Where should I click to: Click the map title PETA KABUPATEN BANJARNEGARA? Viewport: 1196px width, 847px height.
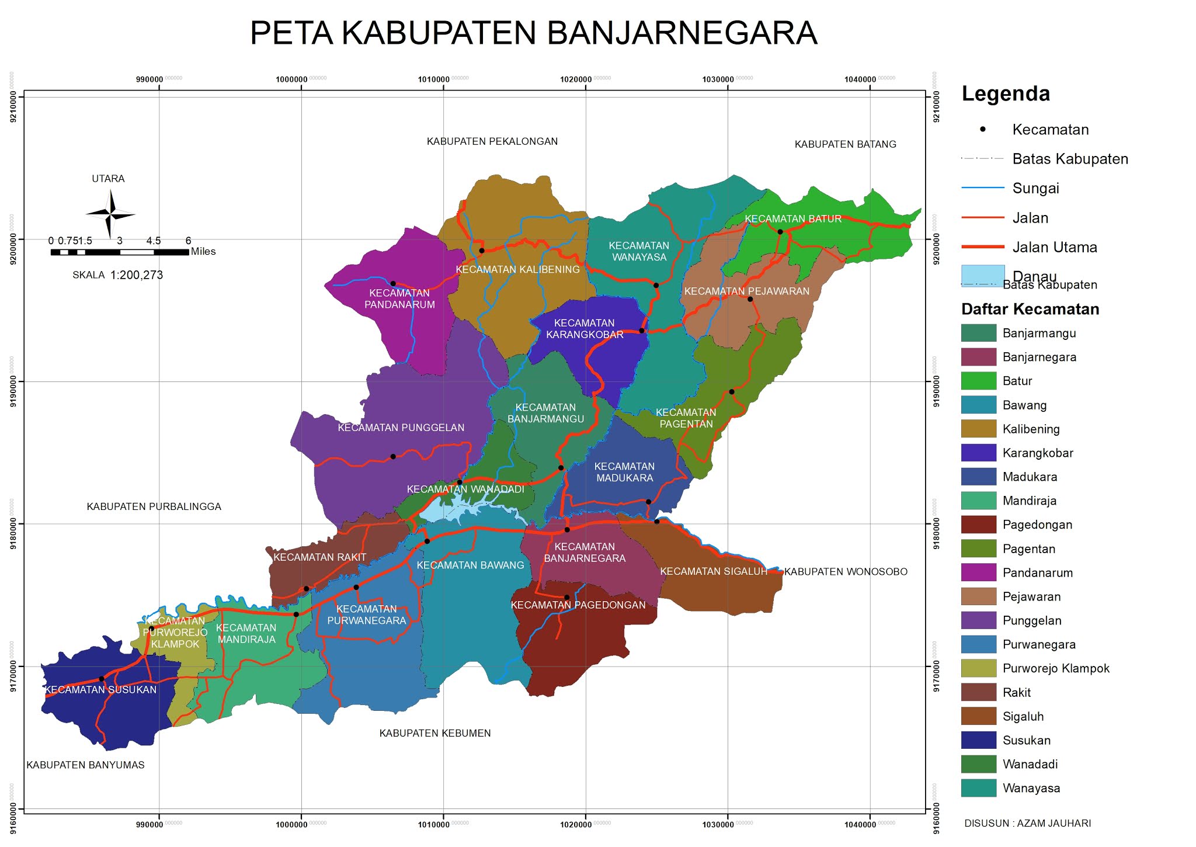point(533,33)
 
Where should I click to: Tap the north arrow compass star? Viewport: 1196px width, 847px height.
point(110,214)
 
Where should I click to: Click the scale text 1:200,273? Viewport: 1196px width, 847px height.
point(137,275)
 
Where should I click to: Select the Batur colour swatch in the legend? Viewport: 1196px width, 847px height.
point(978,381)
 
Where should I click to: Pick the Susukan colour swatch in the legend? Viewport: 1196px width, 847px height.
point(978,740)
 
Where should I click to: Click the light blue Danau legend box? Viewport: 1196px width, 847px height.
point(982,275)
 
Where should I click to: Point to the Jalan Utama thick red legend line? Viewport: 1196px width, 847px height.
point(982,247)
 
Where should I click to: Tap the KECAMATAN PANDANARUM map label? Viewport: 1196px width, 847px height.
point(399,298)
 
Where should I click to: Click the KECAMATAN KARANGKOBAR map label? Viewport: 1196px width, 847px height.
point(585,329)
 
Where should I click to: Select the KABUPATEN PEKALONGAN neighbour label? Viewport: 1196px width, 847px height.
point(492,141)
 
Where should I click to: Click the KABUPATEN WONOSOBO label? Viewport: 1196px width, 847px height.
point(845,572)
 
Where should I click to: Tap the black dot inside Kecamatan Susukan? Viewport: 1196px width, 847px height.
point(102,679)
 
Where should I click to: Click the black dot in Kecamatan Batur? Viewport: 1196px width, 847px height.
point(780,232)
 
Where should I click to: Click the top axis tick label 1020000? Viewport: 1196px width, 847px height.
point(576,79)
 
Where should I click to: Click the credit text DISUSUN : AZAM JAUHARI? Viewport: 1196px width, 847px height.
point(1027,823)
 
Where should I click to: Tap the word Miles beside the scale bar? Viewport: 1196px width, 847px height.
point(203,252)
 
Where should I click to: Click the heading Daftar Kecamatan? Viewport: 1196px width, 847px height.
point(1030,309)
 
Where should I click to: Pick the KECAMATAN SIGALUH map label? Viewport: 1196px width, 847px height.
point(713,571)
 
